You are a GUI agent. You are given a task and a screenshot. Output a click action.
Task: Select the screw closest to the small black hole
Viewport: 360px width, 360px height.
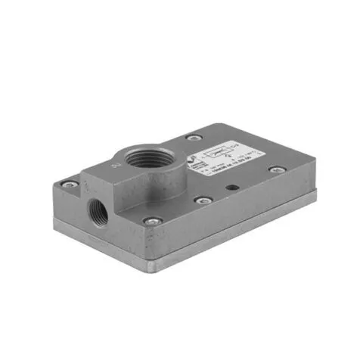[x=203, y=200]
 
